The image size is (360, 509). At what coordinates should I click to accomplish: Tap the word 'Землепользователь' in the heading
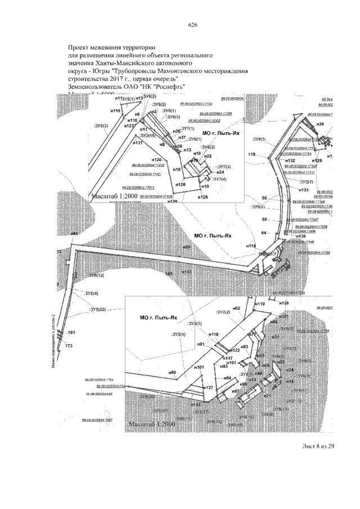[96, 86]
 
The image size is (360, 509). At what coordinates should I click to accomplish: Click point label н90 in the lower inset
[172, 372]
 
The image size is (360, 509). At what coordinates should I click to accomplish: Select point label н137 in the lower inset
[208, 388]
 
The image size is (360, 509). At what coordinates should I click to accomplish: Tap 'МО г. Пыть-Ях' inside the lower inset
[158, 318]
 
